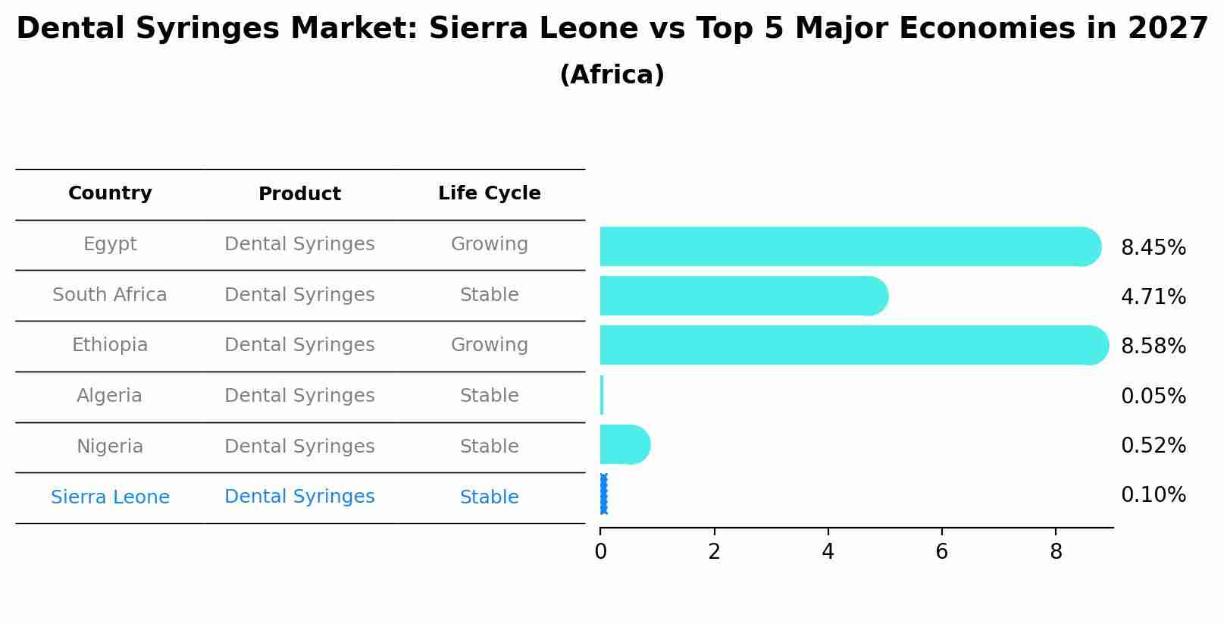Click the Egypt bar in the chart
(849, 246)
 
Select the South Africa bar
(743, 296)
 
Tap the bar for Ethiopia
(853, 345)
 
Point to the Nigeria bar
(624, 444)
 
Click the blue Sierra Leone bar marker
(603, 494)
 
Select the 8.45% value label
(1153, 248)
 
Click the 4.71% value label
(1153, 297)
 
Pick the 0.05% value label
(1153, 397)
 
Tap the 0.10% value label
(1153, 495)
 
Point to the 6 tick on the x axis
(941, 552)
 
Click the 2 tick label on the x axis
(714, 552)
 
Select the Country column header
(110, 193)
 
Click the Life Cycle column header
(489, 193)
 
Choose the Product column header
(299, 194)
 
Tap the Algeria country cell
(109, 396)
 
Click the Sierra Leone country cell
(110, 497)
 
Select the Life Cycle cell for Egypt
(489, 244)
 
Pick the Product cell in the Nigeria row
(299, 447)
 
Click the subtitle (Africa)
(612, 75)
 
